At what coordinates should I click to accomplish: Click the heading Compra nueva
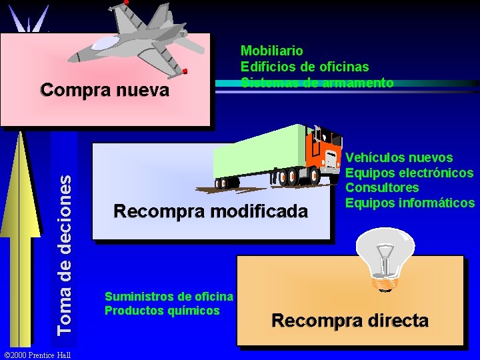[x=105, y=89]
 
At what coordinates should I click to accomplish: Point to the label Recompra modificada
[x=211, y=212]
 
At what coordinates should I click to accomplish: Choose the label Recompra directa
[x=350, y=320]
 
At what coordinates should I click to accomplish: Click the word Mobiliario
[x=271, y=51]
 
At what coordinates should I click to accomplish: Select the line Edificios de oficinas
[x=304, y=67]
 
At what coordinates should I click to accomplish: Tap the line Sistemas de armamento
[x=317, y=83]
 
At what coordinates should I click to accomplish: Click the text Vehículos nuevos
[x=399, y=158]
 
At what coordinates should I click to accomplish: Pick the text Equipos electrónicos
[x=409, y=173]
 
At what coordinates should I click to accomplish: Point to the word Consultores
[x=382, y=187]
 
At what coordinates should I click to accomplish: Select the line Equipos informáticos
[x=409, y=202]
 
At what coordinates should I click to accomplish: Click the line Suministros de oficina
[x=169, y=296]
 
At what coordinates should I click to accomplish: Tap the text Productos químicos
[x=162, y=310]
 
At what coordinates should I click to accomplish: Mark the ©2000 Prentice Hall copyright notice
[x=37, y=353]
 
